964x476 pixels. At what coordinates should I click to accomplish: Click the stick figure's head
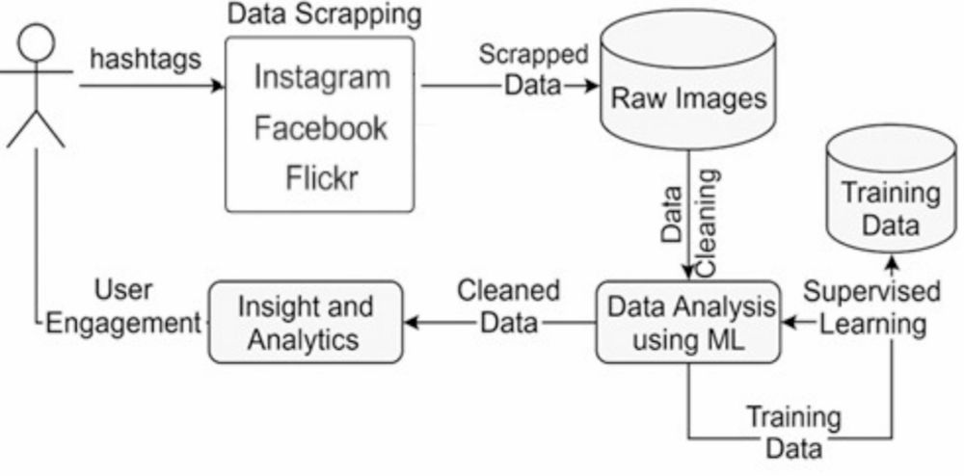coord(37,44)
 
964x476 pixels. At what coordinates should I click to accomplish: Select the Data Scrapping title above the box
coord(325,14)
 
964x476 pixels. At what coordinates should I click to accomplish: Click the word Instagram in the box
coord(322,77)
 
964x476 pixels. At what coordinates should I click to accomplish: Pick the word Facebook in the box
coord(321,127)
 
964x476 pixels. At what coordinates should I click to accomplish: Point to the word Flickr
coord(322,177)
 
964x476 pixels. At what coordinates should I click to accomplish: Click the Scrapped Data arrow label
coord(533,68)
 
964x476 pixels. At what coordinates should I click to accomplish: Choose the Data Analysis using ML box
coord(686,323)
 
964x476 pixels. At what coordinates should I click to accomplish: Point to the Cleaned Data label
coord(509,306)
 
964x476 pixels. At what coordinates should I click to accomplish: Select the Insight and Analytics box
coord(305,323)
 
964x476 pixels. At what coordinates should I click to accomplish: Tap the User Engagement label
coord(123,307)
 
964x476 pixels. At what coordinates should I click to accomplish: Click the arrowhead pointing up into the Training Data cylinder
coord(892,261)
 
